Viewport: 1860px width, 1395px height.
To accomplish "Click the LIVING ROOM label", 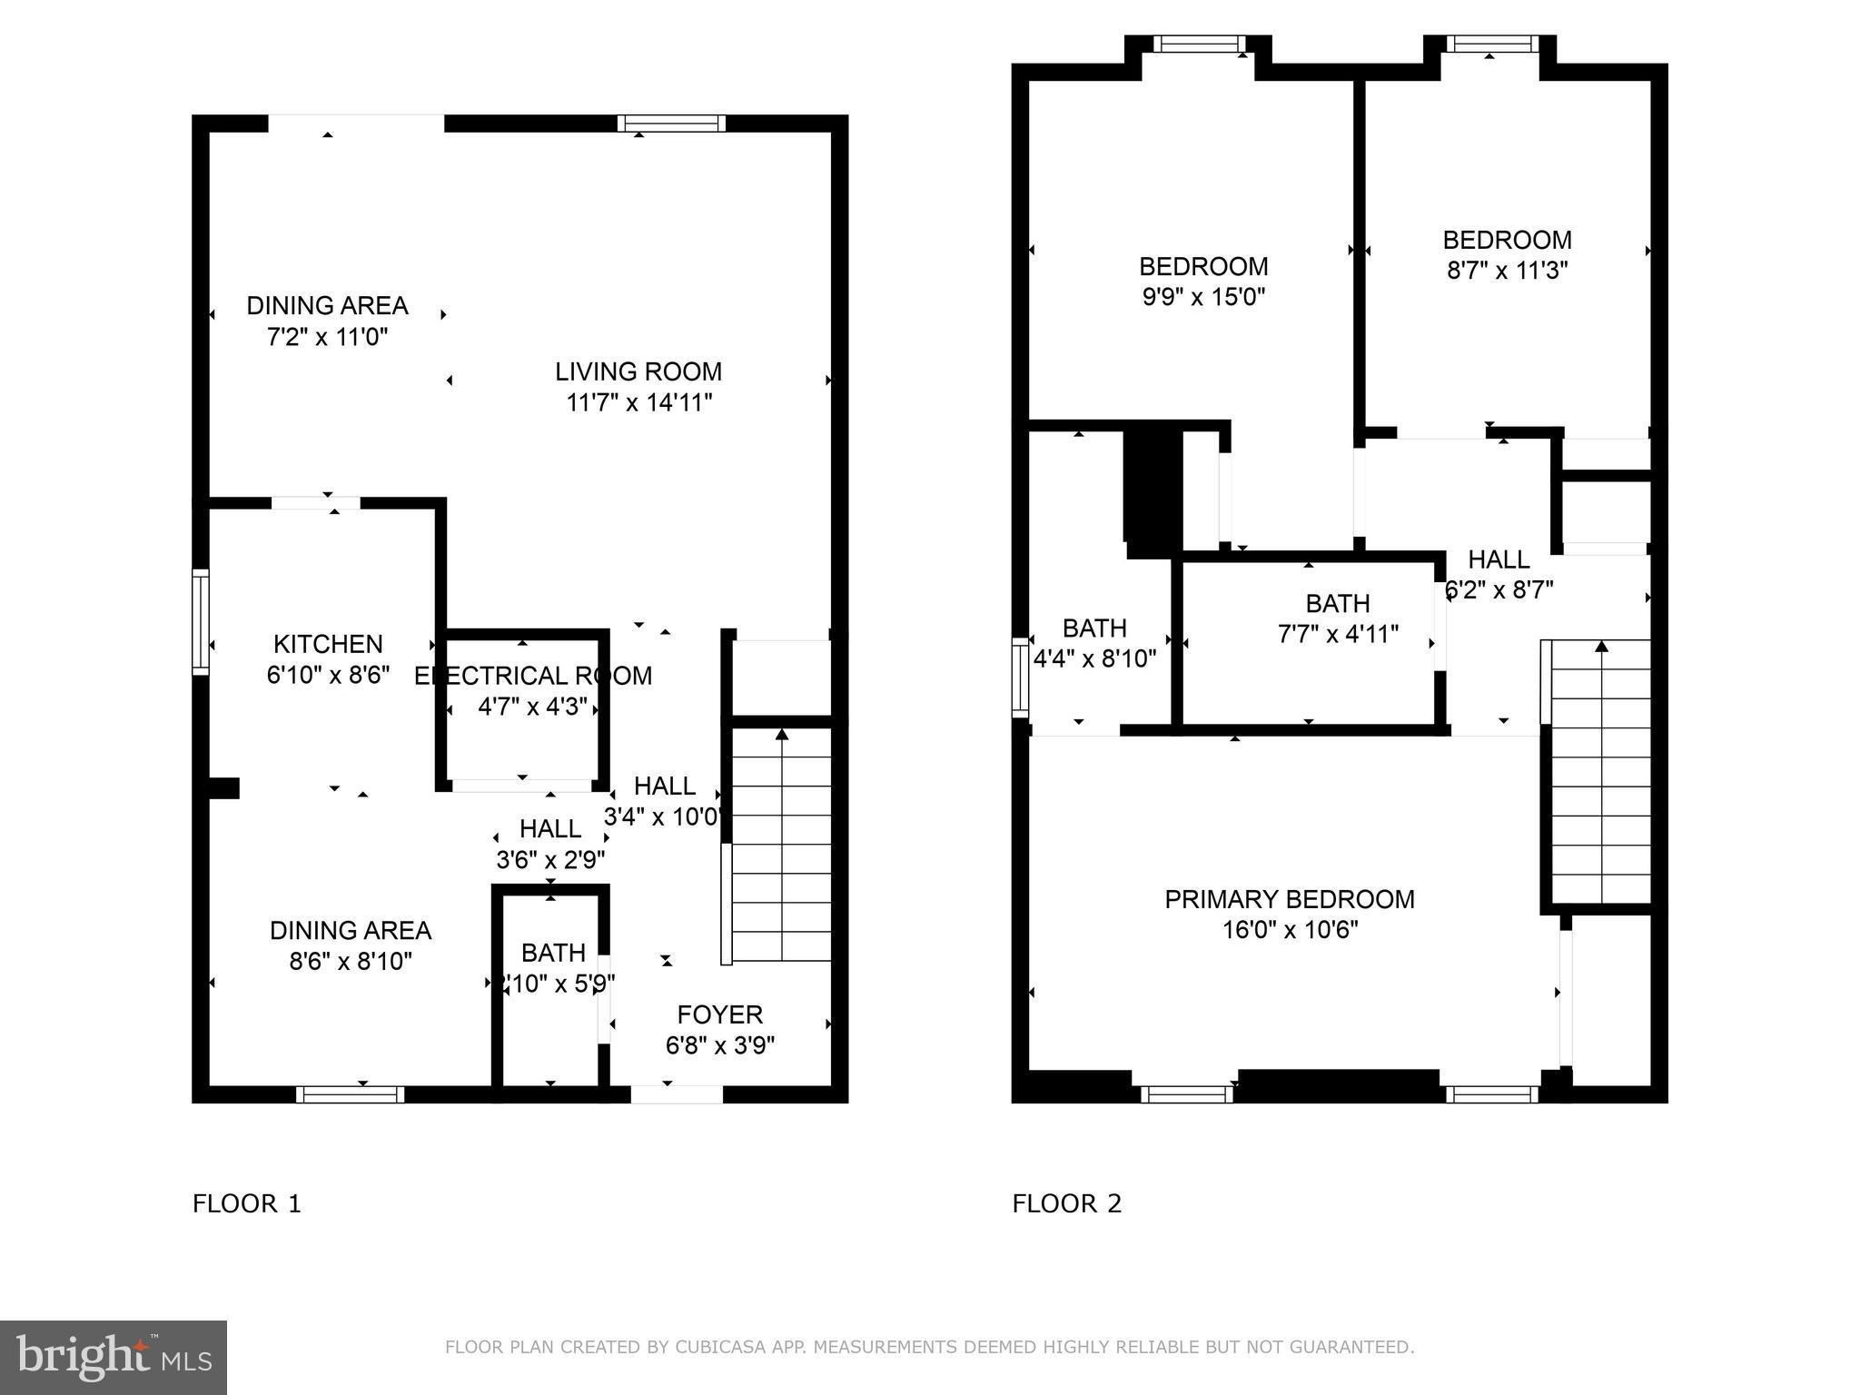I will tap(638, 371).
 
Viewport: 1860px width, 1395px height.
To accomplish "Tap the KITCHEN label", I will tap(328, 644).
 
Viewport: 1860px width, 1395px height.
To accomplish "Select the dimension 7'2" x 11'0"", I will tap(327, 337).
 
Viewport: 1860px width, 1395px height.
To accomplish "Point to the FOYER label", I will tap(719, 1014).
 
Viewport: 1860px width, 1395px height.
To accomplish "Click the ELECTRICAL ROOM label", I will tap(533, 676).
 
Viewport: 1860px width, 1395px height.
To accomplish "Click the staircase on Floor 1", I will tap(781, 845).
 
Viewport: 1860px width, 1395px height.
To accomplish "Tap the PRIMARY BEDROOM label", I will tap(1289, 899).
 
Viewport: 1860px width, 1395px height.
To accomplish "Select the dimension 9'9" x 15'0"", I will tap(1203, 297).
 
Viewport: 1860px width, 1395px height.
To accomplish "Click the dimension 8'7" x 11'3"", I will tap(1507, 271).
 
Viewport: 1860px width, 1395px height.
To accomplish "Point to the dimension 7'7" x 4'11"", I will tap(1338, 634).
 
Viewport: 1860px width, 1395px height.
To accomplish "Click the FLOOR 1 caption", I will tap(246, 1204).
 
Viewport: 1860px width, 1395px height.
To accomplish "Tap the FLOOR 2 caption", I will tap(1066, 1204).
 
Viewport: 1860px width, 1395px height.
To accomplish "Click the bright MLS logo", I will tap(113, 1357).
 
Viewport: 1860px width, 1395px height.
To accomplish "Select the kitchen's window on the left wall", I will tap(201, 622).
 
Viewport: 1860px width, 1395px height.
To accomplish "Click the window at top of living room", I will tap(671, 124).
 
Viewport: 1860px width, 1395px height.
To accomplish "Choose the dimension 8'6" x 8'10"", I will tap(351, 961).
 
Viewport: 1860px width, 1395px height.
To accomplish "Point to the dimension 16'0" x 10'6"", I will tap(1289, 930).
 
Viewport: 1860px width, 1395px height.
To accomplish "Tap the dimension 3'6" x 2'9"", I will tap(550, 859).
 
